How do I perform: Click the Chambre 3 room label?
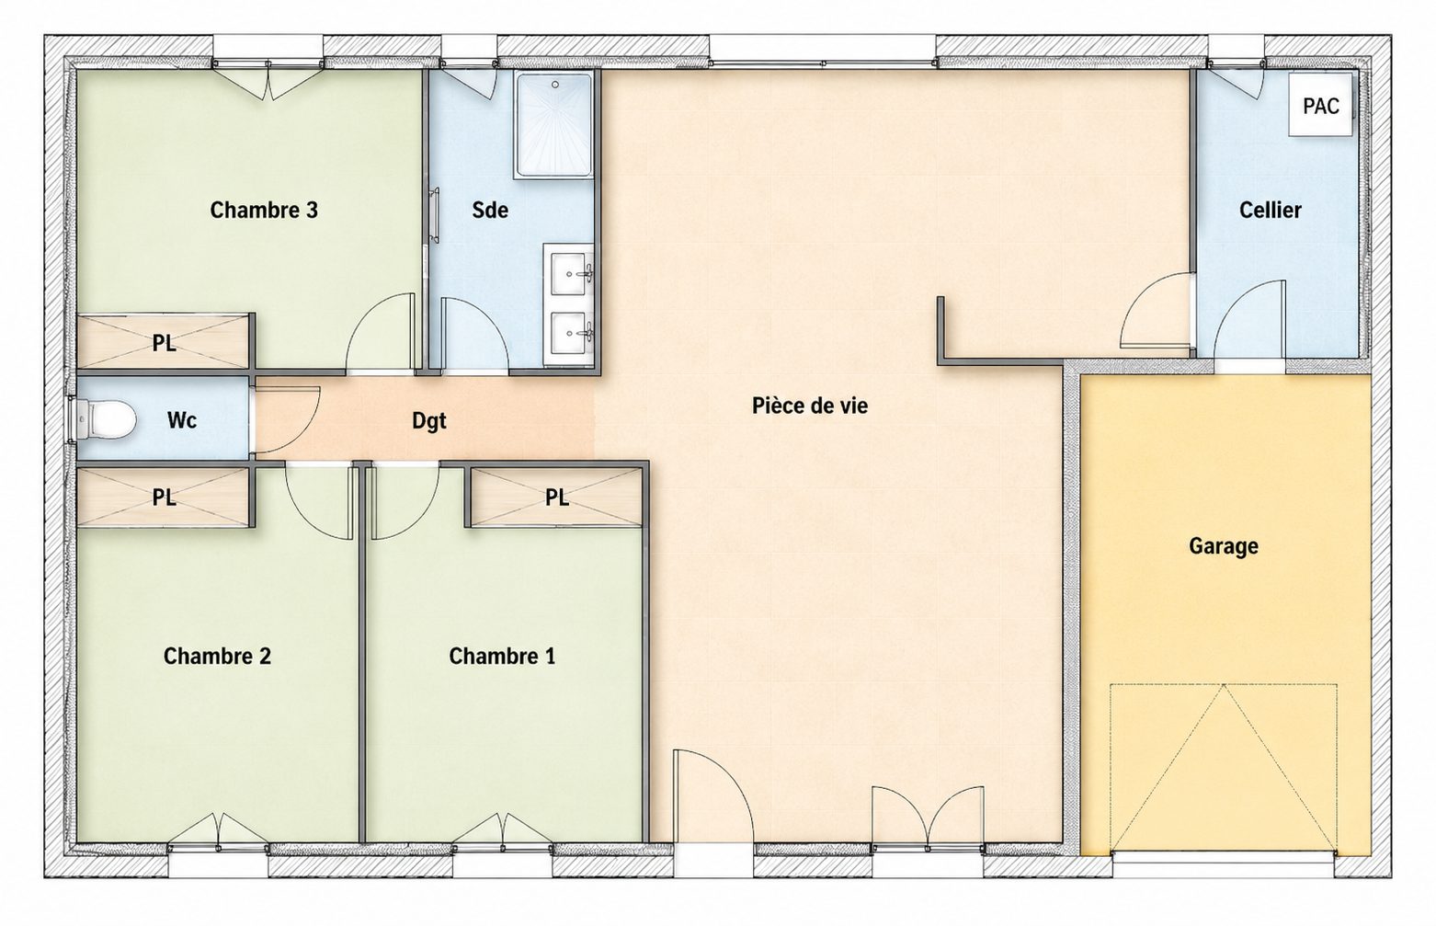(x=264, y=211)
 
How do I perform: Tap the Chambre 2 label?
(x=217, y=656)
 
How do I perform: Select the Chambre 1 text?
(x=502, y=656)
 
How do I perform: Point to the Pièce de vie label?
(x=810, y=406)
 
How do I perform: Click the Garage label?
(x=1223, y=546)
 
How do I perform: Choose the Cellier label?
(x=1270, y=211)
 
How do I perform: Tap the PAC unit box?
(x=1320, y=105)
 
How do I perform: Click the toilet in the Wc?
(x=105, y=418)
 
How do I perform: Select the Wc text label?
(x=181, y=420)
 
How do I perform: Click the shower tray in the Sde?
(x=554, y=126)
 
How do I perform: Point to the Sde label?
(x=490, y=211)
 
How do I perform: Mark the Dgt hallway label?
(x=429, y=420)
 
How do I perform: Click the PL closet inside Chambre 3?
(x=165, y=343)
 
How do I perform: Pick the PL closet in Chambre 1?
(x=556, y=497)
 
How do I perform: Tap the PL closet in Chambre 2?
(x=165, y=497)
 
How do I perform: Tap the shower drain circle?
(x=555, y=85)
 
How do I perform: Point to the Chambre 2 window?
(x=219, y=847)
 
